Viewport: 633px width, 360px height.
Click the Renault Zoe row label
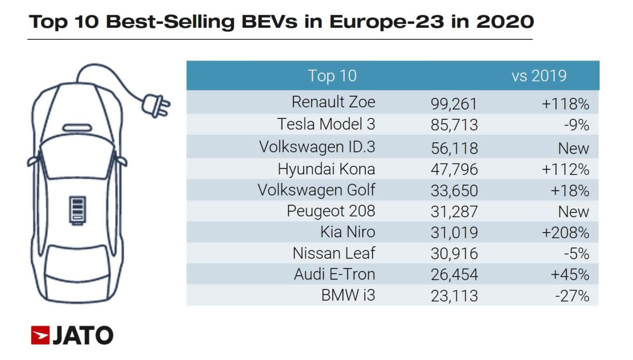click(x=333, y=102)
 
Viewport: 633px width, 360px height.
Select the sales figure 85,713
click(x=454, y=125)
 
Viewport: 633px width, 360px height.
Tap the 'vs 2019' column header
click(x=539, y=76)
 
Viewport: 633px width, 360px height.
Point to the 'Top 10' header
click(x=332, y=76)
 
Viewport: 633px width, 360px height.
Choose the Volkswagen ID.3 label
click(x=317, y=147)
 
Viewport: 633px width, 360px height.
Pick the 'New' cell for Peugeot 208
click(x=574, y=211)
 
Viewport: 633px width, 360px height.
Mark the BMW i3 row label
click(x=348, y=295)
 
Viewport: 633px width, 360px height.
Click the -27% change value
click(x=572, y=296)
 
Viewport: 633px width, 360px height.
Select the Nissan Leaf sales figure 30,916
click(x=454, y=254)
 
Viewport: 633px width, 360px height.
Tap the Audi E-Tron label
click(x=334, y=275)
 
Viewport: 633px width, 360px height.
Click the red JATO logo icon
click(x=40, y=336)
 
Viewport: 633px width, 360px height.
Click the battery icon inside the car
click(x=77, y=210)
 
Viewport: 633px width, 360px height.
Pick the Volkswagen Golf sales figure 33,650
click(x=454, y=190)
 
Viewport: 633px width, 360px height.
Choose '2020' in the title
click(x=505, y=22)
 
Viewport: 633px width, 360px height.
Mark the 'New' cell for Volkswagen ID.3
click(x=574, y=148)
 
